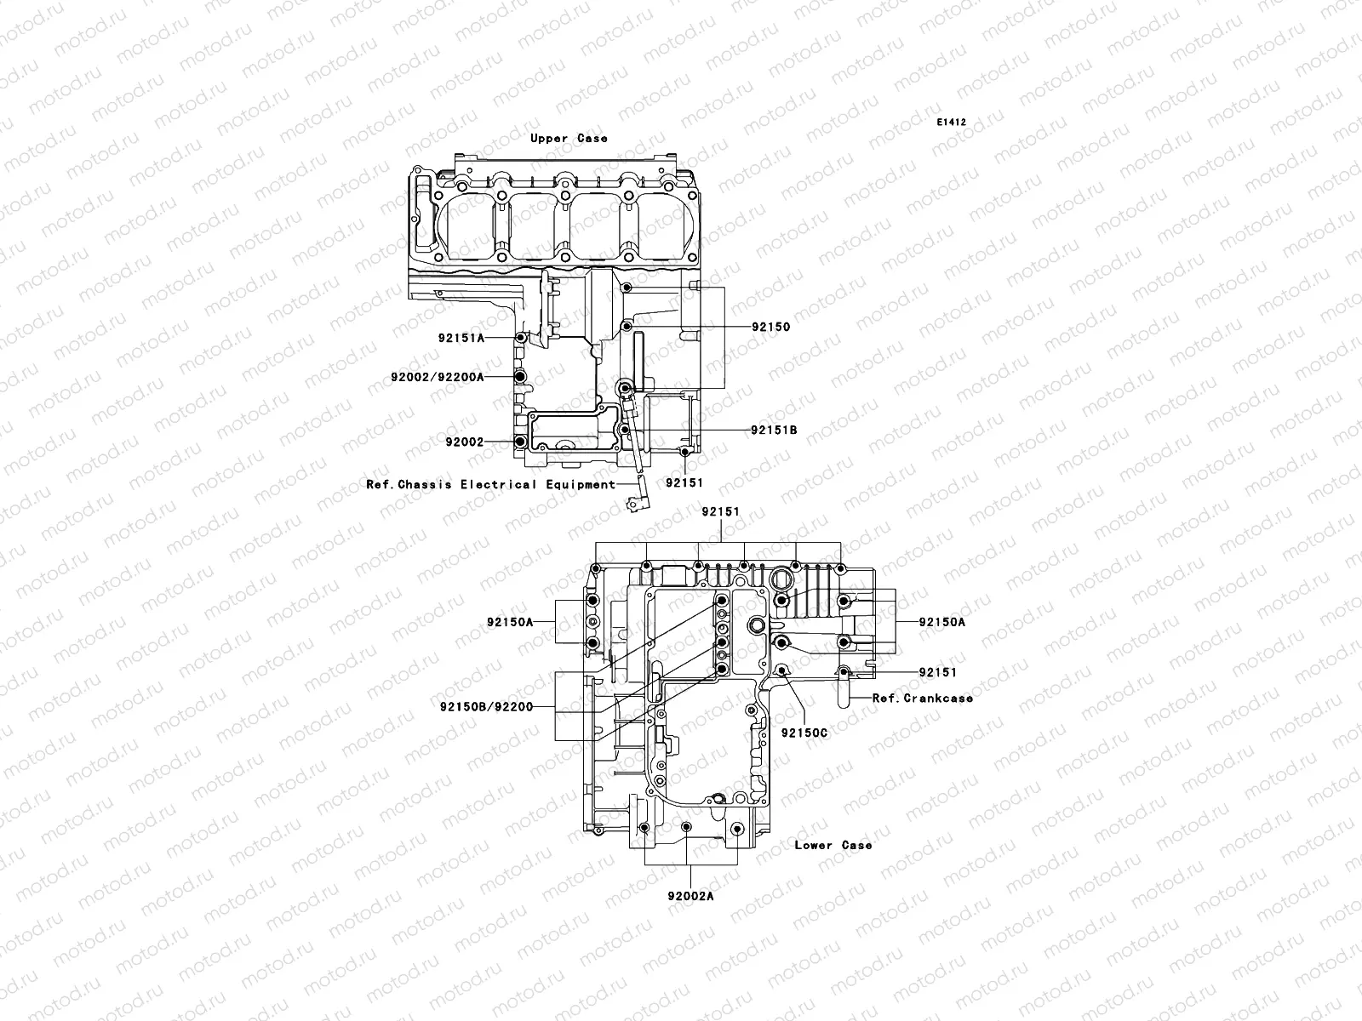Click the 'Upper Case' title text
(569, 138)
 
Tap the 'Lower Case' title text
(833, 845)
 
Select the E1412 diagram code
(952, 123)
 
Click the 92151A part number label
(461, 338)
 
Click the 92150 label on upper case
(770, 327)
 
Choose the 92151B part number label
(774, 431)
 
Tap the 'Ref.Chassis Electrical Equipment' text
(490, 485)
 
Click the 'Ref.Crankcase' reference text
(923, 698)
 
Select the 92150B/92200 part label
(486, 706)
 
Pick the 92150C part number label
(804, 733)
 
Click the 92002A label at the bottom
(690, 896)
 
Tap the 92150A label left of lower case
(510, 622)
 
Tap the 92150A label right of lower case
(942, 622)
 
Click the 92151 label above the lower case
(720, 512)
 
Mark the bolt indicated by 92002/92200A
(519, 376)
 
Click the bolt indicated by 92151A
(519, 338)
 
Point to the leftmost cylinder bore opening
(472, 223)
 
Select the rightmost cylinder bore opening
(667, 223)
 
